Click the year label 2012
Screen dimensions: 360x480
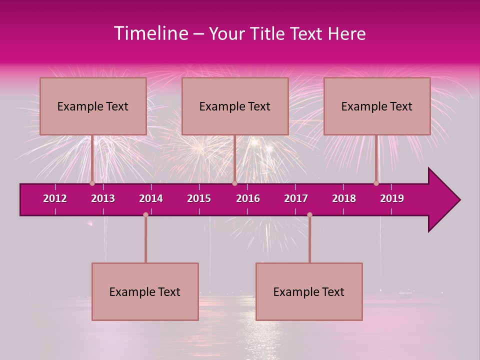pos(55,198)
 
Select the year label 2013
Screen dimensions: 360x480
pos(103,198)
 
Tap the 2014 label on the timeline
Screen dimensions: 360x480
pos(151,198)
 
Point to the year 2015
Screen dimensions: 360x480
pos(199,198)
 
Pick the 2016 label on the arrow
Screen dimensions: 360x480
pos(248,198)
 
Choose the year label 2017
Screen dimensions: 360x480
pos(296,198)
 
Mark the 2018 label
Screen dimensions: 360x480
pos(344,198)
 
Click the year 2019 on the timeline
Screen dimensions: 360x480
pos(392,198)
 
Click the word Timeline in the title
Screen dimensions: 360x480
pos(150,33)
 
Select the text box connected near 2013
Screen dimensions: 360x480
pos(93,106)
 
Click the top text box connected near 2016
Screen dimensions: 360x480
pos(235,106)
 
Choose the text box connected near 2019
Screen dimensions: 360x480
pos(377,106)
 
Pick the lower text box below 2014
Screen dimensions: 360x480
pos(145,291)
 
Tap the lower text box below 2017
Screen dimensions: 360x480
pos(309,291)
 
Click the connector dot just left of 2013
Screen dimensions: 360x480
pos(92,183)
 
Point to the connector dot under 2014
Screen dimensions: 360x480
pos(145,214)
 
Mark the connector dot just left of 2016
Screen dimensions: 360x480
pos(234,183)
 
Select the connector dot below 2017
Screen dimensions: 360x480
pos(309,214)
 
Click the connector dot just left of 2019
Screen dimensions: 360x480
pos(376,183)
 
